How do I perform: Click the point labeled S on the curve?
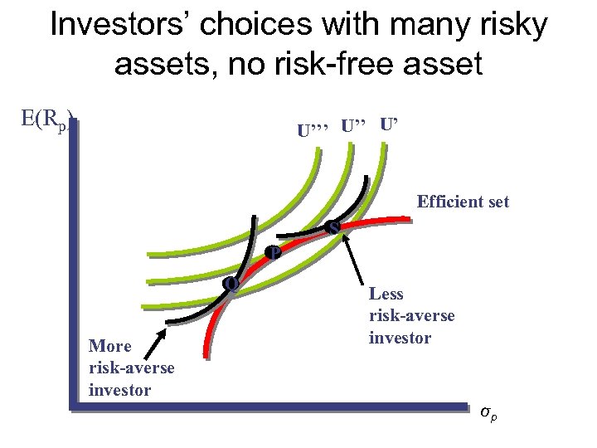[333, 226]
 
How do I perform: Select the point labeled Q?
[232, 284]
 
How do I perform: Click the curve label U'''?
[314, 129]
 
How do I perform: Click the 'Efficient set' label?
[463, 202]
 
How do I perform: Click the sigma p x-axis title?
[490, 410]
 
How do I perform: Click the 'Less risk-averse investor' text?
[411, 315]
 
